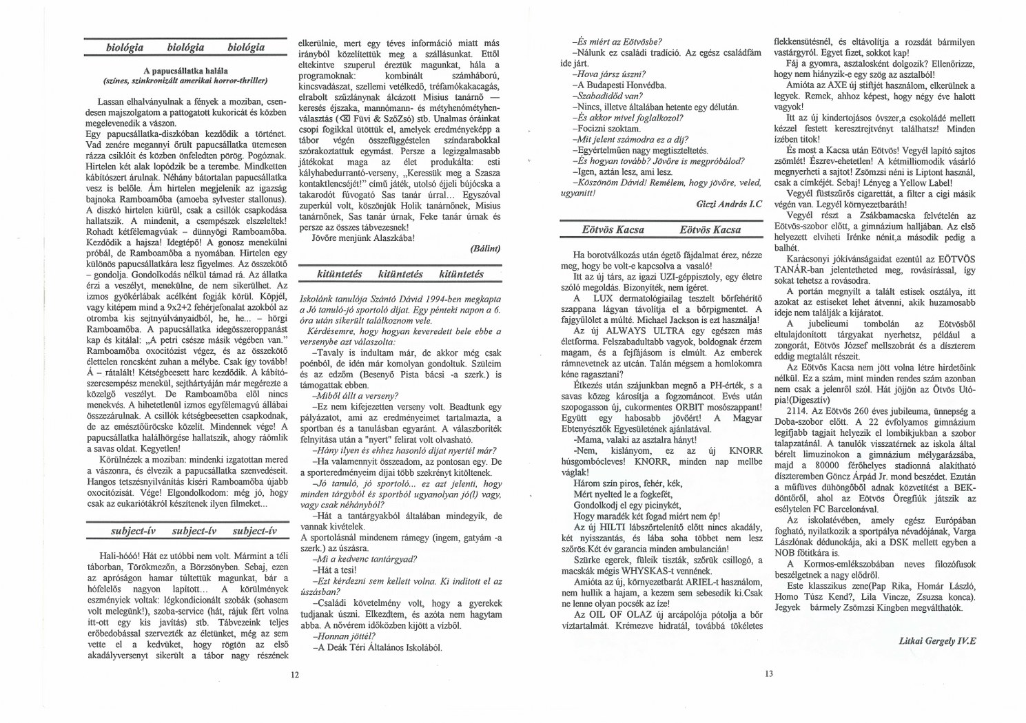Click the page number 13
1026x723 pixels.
[x=769, y=674]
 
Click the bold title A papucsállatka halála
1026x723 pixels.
[x=186, y=70]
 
